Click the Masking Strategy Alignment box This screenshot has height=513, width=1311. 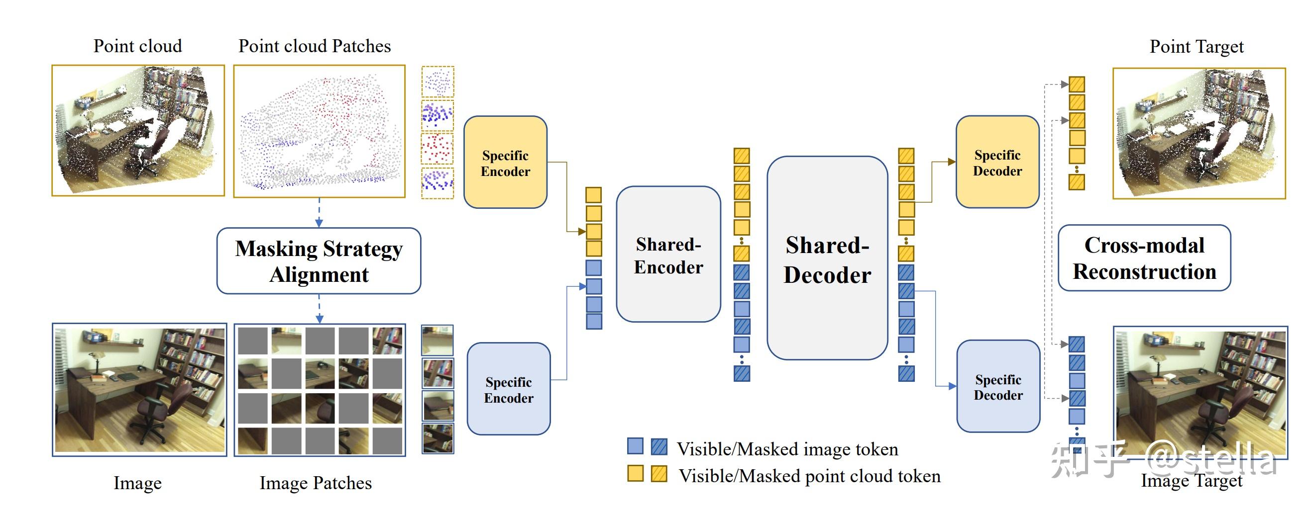[319, 260]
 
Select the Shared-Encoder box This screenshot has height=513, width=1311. [668, 254]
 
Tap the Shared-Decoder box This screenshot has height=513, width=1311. [827, 258]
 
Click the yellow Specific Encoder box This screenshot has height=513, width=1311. [505, 162]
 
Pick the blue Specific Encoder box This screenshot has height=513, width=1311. [508, 389]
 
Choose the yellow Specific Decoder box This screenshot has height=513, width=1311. [997, 162]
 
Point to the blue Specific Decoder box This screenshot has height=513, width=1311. [998, 386]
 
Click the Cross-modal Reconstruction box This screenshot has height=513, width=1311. [1144, 258]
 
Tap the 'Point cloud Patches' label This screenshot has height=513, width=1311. [315, 46]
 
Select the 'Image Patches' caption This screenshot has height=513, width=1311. [316, 483]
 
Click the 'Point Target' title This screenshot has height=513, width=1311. [1197, 47]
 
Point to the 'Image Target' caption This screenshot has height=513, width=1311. [1192, 481]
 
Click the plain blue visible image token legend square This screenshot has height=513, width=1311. [635, 446]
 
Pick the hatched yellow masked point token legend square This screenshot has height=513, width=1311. [659, 473]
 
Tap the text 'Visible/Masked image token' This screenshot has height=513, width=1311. [787, 449]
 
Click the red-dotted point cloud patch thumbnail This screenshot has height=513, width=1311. [437, 149]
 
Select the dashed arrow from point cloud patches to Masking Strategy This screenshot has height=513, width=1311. [319, 212]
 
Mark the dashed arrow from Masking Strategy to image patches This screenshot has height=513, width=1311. [319, 309]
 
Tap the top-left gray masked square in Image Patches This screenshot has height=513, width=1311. [252, 340]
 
